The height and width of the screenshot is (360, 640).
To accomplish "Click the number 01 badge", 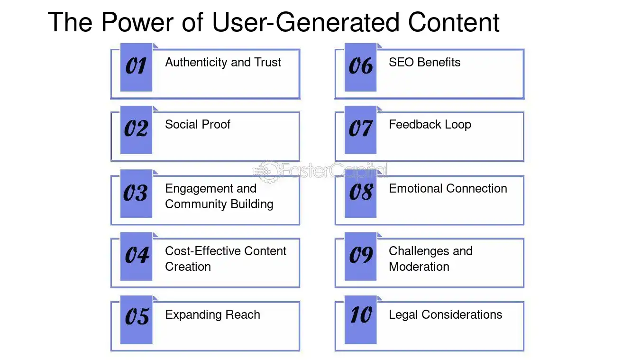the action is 136,67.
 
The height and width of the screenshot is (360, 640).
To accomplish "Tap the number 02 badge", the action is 136,130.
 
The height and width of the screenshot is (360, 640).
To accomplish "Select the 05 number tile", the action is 136,320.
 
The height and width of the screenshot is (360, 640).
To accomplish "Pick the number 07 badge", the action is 361,130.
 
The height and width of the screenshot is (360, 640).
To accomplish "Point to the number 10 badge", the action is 361,320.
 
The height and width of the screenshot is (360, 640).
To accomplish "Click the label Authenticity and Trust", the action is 223,62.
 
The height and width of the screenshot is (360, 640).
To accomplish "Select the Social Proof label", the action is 198,124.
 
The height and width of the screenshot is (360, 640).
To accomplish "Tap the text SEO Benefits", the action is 425,62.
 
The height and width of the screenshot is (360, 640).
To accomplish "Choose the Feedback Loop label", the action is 430,125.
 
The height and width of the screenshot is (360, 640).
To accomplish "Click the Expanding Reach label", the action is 212,315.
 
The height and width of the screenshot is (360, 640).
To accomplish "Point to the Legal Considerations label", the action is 446,314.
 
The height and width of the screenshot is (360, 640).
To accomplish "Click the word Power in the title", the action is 137,22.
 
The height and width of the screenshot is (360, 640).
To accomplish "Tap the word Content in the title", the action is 454,22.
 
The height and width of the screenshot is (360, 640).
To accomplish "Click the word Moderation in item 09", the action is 419,267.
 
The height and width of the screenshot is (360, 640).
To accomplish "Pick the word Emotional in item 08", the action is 415,188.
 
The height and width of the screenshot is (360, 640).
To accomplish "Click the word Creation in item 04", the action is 188,267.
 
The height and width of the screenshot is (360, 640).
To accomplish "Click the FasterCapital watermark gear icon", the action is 267,172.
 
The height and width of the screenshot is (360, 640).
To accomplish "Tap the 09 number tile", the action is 361,257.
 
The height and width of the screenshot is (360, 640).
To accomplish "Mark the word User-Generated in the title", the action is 306,22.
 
